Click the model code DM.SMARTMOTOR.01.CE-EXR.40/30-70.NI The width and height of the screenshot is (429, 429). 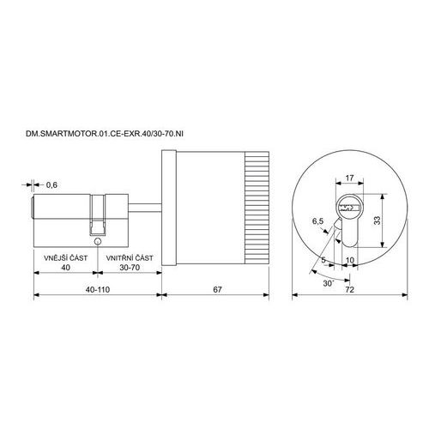pyautogui.click(x=105, y=134)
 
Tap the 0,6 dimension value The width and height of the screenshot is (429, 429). pyautogui.click(x=51, y=185)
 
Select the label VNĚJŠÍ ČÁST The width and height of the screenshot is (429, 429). pyautogui.click(x=65, y=257)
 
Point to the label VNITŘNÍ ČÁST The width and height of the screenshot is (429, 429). pyautogui.click(x=130, y=258)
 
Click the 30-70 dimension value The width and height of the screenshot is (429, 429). pyautogui.click(x=130, y=268)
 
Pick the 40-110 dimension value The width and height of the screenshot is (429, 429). pyautogui.click(x=98, y=289)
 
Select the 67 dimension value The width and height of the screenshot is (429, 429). pyautogui.click(x=217, y=289)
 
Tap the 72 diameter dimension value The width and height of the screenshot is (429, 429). pyautogui.click(x=349, y=289)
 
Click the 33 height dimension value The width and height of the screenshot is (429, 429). pyautogui.click(x=378, y=220)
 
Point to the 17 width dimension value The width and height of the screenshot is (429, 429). pyautogui.click(x=349, y=178)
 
